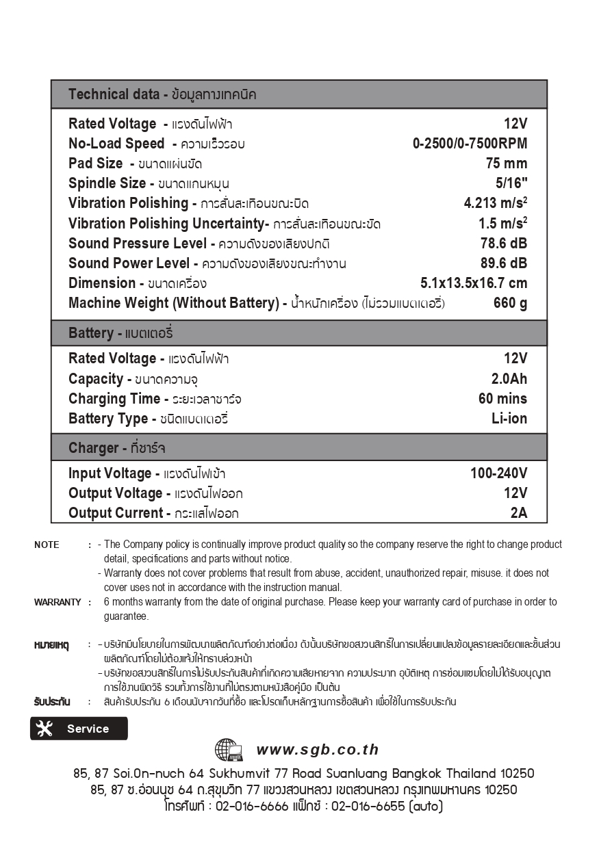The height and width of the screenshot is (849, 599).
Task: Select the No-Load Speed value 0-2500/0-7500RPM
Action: (x=470, y=144)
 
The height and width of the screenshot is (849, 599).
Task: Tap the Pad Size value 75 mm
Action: (x=507, y=164)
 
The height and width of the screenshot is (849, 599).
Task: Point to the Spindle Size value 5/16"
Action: (x=511, y=183)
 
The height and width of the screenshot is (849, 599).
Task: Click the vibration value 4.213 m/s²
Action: (x=495, y=203)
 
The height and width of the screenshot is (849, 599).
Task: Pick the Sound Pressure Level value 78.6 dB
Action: (x=504, y=244)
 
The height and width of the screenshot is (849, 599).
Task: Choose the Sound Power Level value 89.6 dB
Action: (x=504, y=263)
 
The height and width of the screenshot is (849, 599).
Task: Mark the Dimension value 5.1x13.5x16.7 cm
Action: (x=474, y=283)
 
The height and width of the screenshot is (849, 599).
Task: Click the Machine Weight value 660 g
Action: (x=510, y=303)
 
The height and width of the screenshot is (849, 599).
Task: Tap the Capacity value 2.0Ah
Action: (x=509, y=379)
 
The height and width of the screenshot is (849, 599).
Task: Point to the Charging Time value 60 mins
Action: (x=502, y=399)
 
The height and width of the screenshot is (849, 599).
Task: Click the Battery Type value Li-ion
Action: (x=509, y=419)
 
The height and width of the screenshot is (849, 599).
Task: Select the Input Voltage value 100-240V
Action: (x=498, y=473)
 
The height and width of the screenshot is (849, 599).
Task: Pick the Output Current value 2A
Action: (x=519, y=513)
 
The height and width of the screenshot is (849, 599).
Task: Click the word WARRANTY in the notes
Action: (x=58, y=602)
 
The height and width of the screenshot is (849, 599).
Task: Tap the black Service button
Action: (x=79, y=729)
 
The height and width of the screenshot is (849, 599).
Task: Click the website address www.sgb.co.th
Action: (x=318, y=750)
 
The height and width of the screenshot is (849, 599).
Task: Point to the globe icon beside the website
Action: (x=229, y=750)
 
